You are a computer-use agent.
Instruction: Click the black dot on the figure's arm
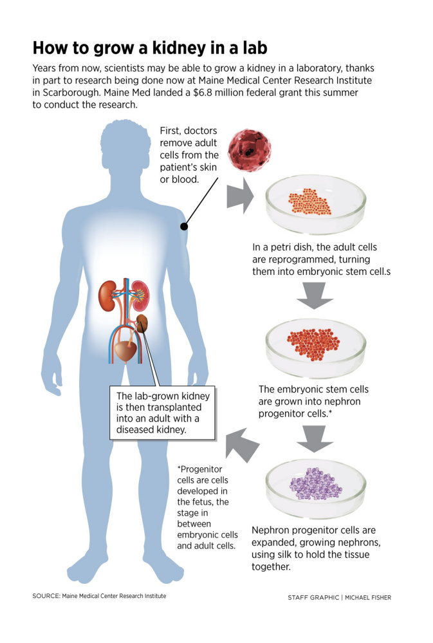click(184, 226)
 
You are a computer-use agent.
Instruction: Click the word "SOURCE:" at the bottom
click(46, 596)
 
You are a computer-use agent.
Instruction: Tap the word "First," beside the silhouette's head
click(172, 131)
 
